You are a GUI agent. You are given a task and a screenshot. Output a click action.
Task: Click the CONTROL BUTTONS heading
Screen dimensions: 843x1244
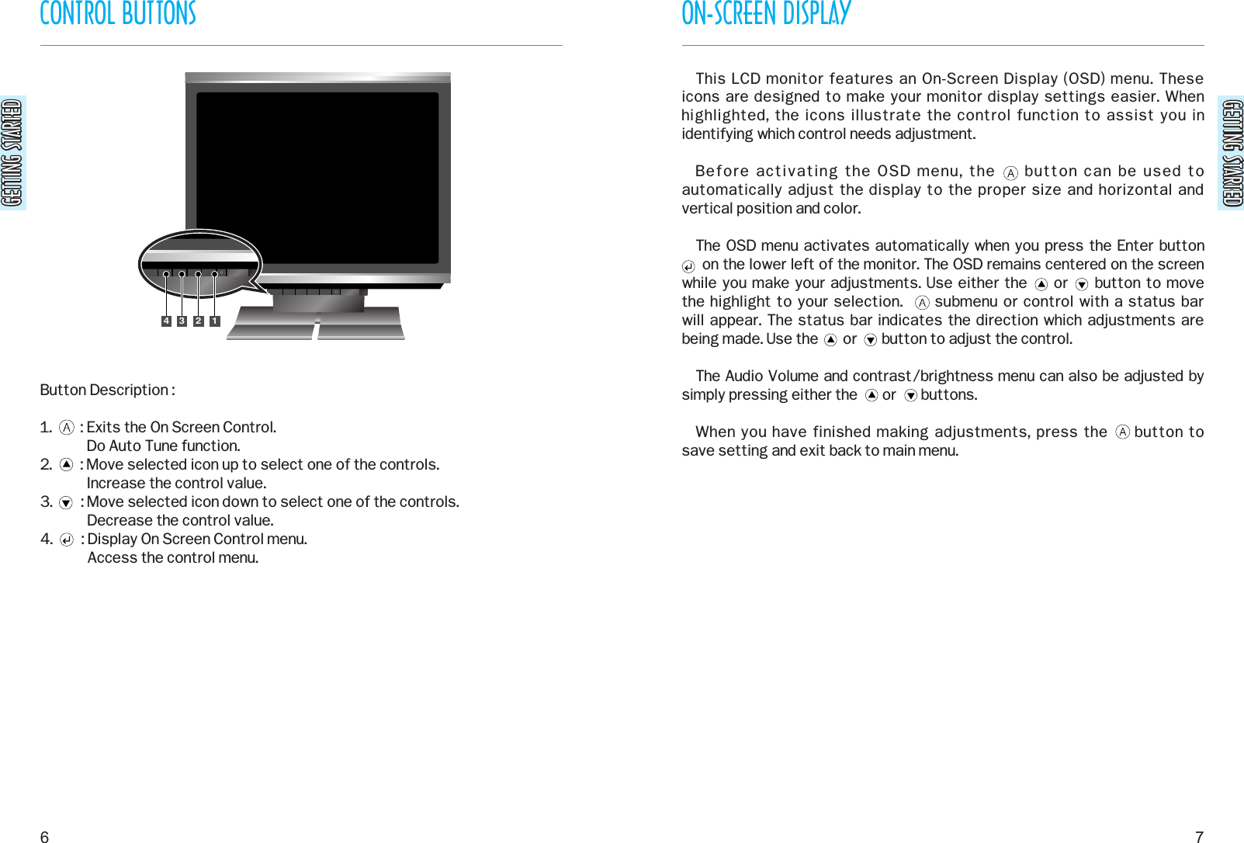[x=118, y=14]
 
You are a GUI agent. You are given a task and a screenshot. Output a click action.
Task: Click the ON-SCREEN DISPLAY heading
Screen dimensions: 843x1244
[x=766, y=14]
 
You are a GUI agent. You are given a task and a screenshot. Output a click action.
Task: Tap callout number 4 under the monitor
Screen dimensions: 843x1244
[x=166, y=321]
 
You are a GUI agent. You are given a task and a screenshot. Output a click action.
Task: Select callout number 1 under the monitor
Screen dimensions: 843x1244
[x=215, y=321]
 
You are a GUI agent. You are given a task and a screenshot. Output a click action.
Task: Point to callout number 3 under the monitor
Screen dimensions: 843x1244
[x=182, y=321]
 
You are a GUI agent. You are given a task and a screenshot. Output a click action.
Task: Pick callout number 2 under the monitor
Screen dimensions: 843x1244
[x=199, y=321]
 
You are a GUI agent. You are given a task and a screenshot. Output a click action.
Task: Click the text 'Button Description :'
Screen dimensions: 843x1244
[x=107, y=390]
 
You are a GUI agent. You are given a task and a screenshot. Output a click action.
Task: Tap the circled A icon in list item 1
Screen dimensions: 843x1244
[x=67, y=428]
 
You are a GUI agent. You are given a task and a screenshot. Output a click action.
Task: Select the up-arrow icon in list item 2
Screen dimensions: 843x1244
[x=67, y=465]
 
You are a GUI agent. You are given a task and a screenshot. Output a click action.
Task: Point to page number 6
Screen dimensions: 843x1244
[x=44, y=836]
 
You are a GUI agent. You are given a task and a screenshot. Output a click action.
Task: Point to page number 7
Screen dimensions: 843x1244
[x=1199, y=836]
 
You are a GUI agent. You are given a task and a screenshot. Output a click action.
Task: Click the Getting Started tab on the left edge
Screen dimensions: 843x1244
[x=12, y=153]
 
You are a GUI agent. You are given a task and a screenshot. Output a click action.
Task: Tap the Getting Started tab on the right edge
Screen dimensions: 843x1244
[x=1232, y=153]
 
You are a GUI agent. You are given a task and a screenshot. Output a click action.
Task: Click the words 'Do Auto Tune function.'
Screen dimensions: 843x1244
[x=163, y=446]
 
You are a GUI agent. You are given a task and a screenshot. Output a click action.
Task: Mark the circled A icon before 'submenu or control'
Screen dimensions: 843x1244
[x=922, y=303]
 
